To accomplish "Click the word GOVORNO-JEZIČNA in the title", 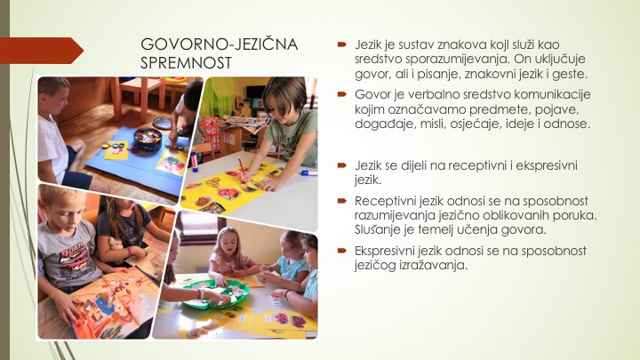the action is [220, 44].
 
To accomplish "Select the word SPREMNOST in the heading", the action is [186, 62].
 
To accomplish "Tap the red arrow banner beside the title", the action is [42, 51].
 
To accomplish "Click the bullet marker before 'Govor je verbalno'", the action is [341, 94].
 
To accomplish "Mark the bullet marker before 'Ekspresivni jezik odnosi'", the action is [341, 251].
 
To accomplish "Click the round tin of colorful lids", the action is [148, 138].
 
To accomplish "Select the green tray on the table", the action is [215, 293].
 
